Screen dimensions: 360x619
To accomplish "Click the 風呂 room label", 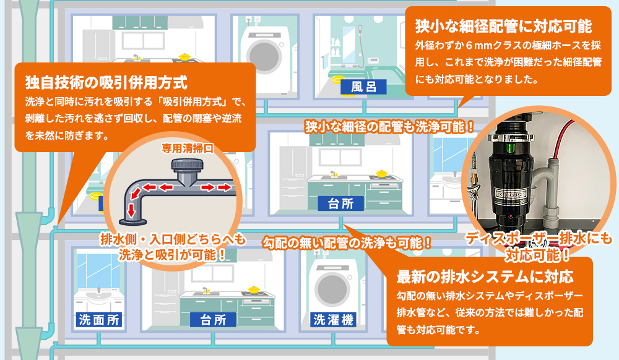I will (363, 86).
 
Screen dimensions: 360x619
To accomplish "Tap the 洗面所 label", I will (99, 320).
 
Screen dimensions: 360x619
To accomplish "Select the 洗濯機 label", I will (333, 320).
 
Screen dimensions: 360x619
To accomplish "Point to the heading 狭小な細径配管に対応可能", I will (504, 27).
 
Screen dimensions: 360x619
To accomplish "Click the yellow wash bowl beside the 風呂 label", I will (337, 79).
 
